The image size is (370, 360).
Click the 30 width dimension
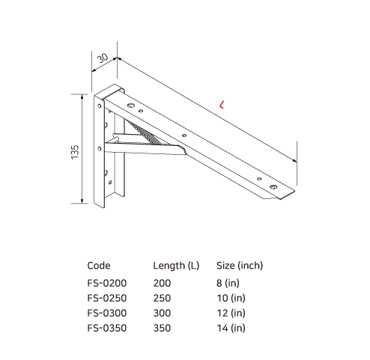point(103,58)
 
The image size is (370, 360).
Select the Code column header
point(99,265)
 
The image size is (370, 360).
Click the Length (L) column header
point(176,265)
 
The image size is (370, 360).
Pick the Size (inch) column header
point(239,265)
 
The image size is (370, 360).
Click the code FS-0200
point(107,283)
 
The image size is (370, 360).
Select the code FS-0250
point(107,298)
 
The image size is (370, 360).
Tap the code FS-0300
point(107,313)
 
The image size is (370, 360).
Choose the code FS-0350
point(107,328)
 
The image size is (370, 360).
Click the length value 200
point(162,283)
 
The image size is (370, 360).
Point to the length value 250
point(162,298)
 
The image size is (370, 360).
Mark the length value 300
point(162,313)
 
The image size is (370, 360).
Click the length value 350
point(162,328)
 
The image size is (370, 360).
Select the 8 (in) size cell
point(227,283)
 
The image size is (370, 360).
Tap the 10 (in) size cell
point(229,298)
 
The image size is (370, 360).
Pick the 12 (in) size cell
point(229,313)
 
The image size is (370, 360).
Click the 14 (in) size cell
point(229,328)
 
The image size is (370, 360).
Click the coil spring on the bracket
point(147,132)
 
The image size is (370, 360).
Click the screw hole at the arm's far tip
point(273,186)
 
